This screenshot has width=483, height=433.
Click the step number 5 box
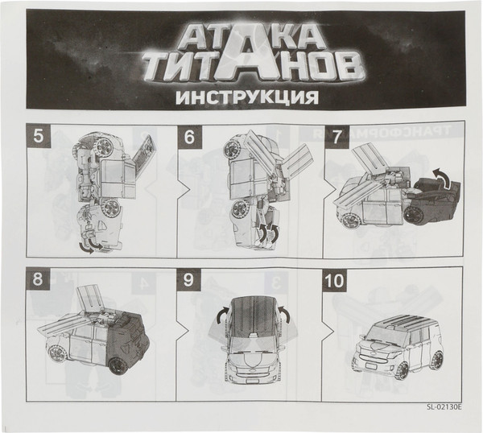tap(38, 137)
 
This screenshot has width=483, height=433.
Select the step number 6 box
tap(190, 137)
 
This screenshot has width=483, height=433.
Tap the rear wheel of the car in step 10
tap(436, 361)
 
